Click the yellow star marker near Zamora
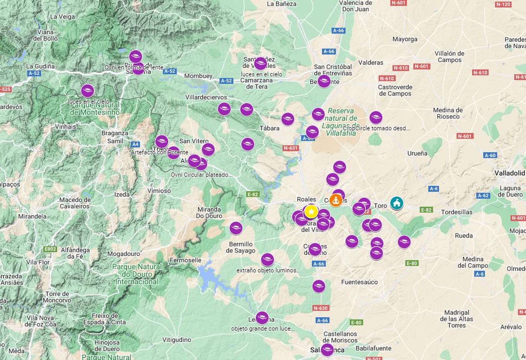pyautogui.click(x=311, y=212)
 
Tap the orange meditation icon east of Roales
pyautogui.click(x=336, y=200)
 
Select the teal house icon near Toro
pyautogui.click(x=397, y=203)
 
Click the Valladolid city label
pyautogui.click(x=509, y=173)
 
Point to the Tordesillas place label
pyautogui.click(x=456, y=212)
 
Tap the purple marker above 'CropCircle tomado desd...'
pyautogui.click(x=376, y=117)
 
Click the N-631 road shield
pyautogui.click(x=291, y=148)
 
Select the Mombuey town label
pyautogui.click(x=198, y=76)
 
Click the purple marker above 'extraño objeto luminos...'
pyautogui.click(x=267, y=260)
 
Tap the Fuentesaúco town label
pyautogui.click(x=359, y=282)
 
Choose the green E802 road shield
pyautogui.click(x=50, y=249)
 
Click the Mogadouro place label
pyautogui.click(x=123, y=254)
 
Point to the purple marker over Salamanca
pyautogui.click(x=327, y=349)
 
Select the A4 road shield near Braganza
pyautogui.click(x=135, y=144)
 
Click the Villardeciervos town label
pyautogui.click(x=206, y=97)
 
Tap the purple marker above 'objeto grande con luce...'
pyautogui.click(x=262, y=318)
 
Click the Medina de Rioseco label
pyautogui.click(x=448, y=113)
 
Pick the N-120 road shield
pyautogui.click(x=503, y=4)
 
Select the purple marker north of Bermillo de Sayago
pyautogui.click(x=236, y=228)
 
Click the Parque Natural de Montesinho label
pyautogui.click(x=95, y=109)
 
